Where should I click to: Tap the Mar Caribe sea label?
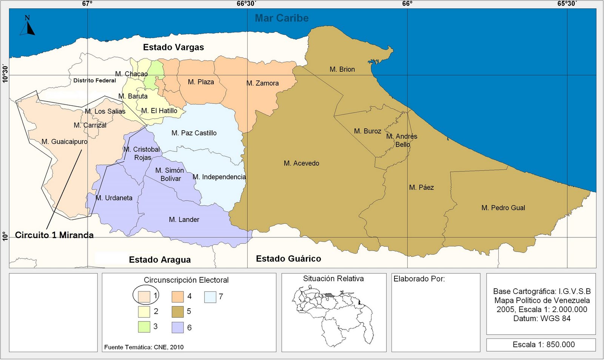point(282,18)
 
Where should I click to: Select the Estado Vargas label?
point(173,47)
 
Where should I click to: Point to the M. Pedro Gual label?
point(503,208)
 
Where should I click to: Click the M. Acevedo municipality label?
point(301,163)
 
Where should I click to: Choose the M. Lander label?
point(184,220)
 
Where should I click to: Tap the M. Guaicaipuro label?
point(64,142)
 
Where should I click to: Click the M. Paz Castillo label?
point(194,133)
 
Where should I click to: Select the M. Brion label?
point(342,69)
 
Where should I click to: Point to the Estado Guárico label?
point(288,258)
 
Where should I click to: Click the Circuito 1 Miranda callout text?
point(54,235)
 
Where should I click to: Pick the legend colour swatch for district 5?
point(177,312)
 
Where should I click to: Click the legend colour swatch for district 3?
point(144,327)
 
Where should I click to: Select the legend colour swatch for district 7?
point(210,297)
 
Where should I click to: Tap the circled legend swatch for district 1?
point(144,297)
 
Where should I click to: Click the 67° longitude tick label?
point(87,4)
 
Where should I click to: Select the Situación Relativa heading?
point(333,279)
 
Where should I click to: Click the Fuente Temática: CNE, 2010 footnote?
point(144,347)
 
